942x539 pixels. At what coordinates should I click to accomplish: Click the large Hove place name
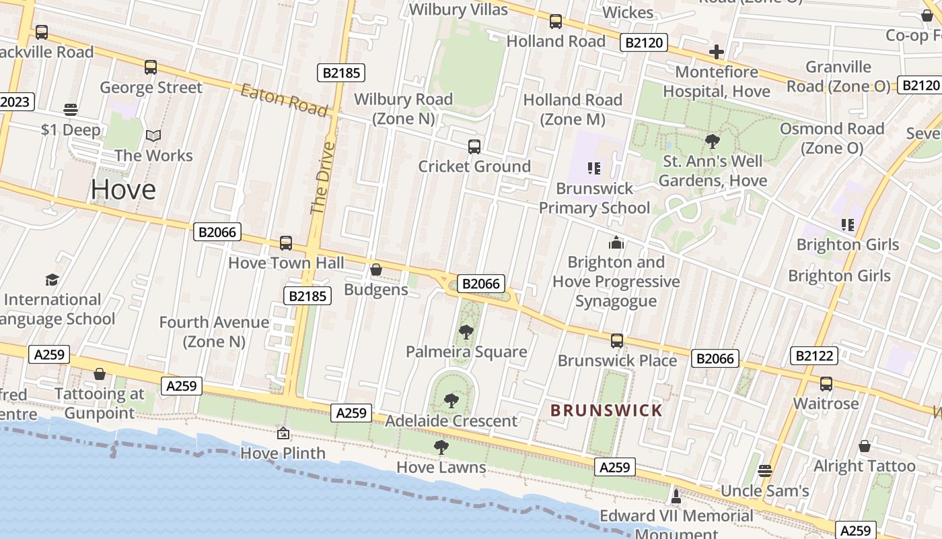123,189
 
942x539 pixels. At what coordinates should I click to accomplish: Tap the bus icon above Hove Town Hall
286,243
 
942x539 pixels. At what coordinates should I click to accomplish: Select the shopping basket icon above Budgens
376,270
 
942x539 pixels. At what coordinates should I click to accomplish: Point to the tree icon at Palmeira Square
466,332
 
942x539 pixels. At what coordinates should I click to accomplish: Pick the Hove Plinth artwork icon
283,433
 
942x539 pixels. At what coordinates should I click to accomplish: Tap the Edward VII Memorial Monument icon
676,497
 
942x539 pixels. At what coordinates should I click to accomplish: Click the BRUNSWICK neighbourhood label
606,410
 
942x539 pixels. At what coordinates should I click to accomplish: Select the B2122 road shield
814,356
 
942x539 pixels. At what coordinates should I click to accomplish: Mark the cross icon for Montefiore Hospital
717,52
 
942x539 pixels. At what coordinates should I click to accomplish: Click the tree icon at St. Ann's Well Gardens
713,141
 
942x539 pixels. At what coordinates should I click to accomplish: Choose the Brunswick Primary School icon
593,168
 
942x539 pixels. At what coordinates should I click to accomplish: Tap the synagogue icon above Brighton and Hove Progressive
616,243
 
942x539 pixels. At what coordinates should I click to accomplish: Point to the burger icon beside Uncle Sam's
764,471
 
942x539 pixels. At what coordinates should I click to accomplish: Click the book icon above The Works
153,135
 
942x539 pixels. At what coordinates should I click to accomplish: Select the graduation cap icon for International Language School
52,280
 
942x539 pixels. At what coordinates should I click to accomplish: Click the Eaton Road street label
284,100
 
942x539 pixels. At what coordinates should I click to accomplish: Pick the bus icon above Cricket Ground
474,146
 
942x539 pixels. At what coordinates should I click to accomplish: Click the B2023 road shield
15,102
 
